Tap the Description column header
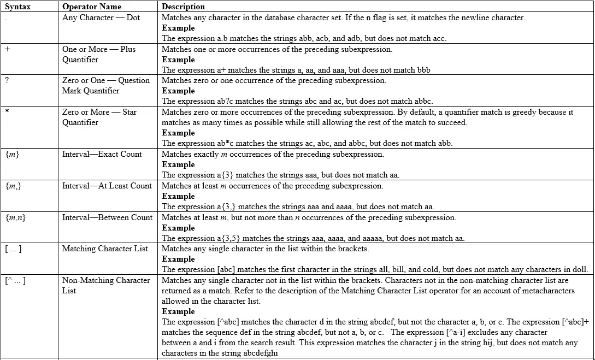(x=183, y=7)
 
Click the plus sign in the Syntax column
(x=7, y=49)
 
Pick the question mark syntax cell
(x=7, y=80)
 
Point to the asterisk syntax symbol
(x=7, y=113)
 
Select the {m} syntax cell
(x=13, y=155)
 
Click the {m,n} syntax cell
(x=15, y=218)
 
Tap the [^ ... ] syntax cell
(x=15, y=281)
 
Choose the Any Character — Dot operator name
(x=101, y=17)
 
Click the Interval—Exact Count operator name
(x=102, y=154)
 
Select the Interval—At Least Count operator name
(x=107, y=186)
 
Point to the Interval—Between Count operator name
(x=107, y=217)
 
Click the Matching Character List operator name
(x=105, y=249)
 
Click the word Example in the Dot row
(x=178, y=28)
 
